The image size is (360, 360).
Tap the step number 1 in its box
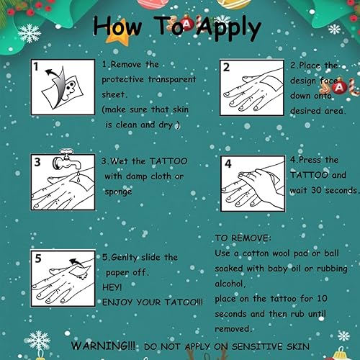(x=36, y=66)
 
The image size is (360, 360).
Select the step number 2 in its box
(x=225, y=66)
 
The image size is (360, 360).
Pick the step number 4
(x=228, y=163)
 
